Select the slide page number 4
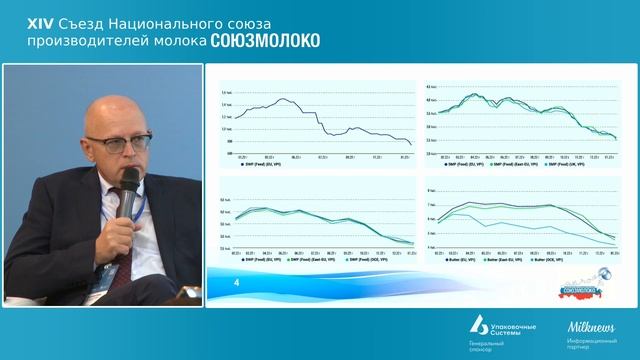(237, 285)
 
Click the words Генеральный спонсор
(487, 346)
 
